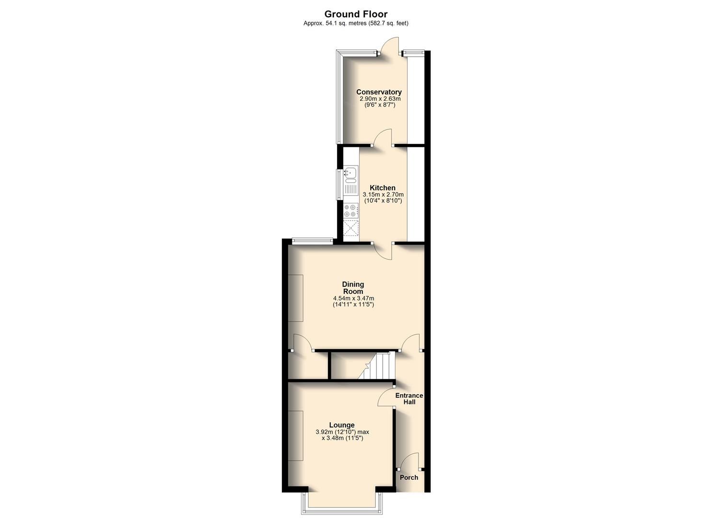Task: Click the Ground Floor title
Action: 356,14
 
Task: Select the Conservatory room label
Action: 379,92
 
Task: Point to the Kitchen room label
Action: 383,188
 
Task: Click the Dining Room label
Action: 353,288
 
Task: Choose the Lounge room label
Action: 342,425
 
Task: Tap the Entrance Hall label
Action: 409,399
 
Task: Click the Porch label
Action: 409,477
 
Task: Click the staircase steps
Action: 379,365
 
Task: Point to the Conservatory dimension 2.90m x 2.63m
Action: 380,99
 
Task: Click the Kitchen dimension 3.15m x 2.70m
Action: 383,195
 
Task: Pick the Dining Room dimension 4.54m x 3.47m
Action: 353,298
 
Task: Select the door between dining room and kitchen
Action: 384,250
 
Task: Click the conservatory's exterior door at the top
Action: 388,47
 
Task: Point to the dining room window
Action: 312,241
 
